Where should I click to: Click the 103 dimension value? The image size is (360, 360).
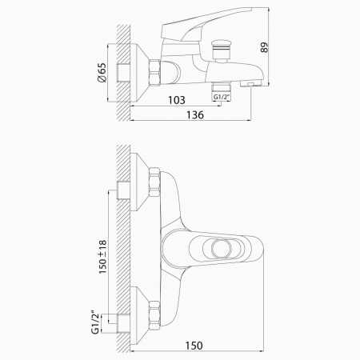click(177, 100)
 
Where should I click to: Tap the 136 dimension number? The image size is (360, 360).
click(195, 115)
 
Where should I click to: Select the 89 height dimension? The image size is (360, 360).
click(264, 47)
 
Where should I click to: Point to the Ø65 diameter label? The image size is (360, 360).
click(102, 72)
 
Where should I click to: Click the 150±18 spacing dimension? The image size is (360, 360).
click(102, 257)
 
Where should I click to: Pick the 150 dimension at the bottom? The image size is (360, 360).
click(194, 346)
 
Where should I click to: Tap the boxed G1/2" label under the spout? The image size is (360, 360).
click(222, 97)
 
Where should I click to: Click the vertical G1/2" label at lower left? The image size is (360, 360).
click(95, 322)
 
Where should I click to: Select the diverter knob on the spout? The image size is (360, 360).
click(220, 51)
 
